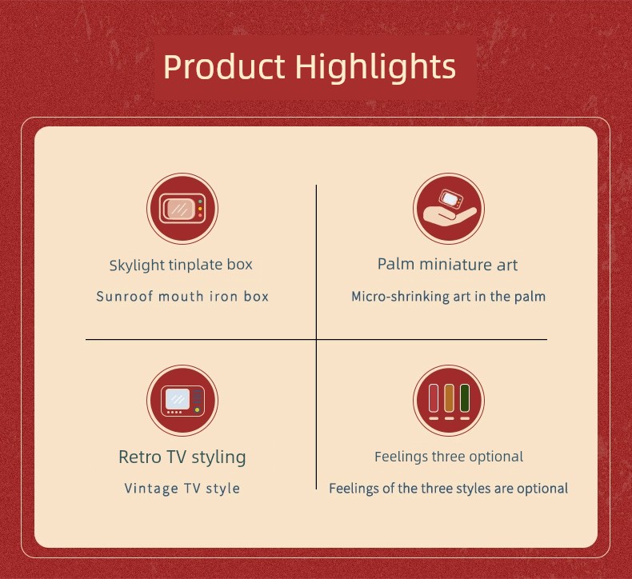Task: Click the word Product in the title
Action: (224, 66)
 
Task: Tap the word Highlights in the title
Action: (376, 66)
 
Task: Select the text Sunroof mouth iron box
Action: (182, 297)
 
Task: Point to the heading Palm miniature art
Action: (447, 265)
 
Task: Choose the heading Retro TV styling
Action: (182, 457)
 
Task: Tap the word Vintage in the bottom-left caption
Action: (151, 489)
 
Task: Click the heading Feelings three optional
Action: (449, 457)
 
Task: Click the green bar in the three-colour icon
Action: (465, 398)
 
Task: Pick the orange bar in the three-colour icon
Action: (449, 398)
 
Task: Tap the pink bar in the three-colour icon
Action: (434, 398)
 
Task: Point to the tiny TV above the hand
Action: (451, 198)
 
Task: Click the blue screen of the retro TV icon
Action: (178, 399)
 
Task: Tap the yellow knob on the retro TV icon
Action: (197, 410)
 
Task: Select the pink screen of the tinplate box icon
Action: (179, 209)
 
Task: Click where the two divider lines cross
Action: (317, 339)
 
